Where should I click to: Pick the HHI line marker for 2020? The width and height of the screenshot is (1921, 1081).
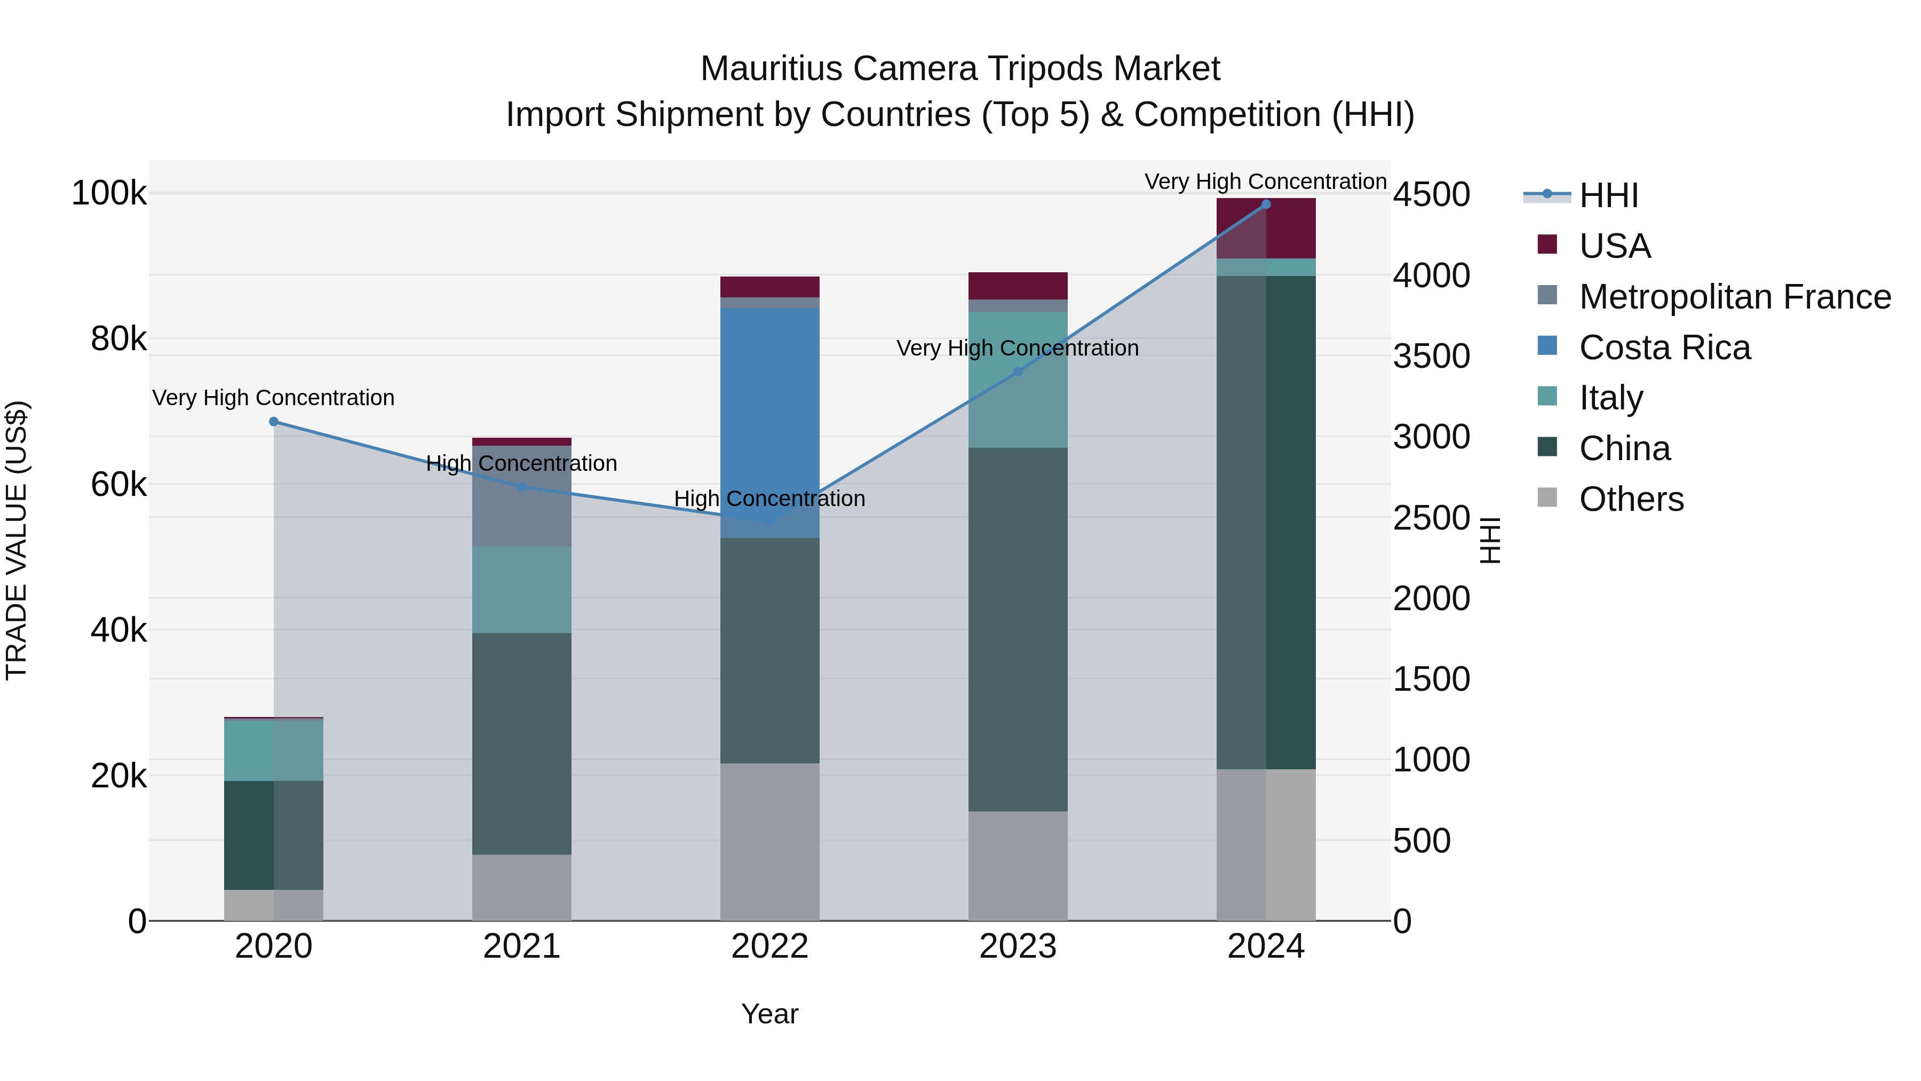[x=274, y=422]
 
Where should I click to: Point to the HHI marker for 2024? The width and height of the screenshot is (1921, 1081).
[x=1266, y=204]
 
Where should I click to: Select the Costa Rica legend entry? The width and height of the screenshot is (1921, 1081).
[x=1664, y=348]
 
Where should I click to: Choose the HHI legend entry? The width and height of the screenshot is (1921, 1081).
[x=1608, y=195]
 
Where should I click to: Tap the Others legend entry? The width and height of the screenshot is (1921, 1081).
[x=1631, y=499]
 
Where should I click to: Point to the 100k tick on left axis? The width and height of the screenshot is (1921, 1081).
[x=109, y=193]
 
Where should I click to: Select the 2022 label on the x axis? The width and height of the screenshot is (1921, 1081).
[x=769, y=946]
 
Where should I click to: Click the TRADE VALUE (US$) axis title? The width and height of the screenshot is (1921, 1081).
[x=17, y=540]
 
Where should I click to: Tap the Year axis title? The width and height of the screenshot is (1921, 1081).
[x=769, y=1014]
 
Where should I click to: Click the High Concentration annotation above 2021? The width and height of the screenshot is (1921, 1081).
[x=521, y=463]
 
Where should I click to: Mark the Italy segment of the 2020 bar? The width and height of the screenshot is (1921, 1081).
[x=274, y=750]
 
